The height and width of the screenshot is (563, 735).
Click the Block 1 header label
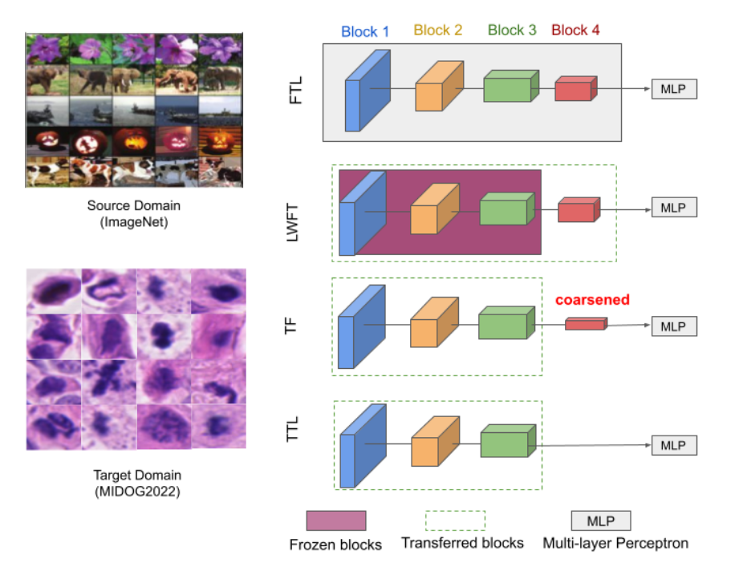pos(365,32)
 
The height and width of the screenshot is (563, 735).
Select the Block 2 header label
pos(437,30)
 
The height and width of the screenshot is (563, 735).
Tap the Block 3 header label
pos(512,30)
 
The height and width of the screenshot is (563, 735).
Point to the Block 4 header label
pos(575,30)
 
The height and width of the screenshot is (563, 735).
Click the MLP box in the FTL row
pos(674,88)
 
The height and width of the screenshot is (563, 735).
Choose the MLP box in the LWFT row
pos(674,207)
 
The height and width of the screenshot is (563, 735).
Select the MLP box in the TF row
pos(674,326)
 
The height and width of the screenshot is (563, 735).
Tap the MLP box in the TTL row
pos(674,445)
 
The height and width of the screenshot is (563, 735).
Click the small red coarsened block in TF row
pos(586,324)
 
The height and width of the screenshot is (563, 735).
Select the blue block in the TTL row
pos(357,447)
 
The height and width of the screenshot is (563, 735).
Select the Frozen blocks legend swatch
pos(335,521)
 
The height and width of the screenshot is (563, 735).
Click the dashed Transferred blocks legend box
pos(454,520)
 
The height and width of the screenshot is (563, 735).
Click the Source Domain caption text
pos(134,206)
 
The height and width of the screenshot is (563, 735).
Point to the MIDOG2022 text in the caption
pos(134,491)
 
